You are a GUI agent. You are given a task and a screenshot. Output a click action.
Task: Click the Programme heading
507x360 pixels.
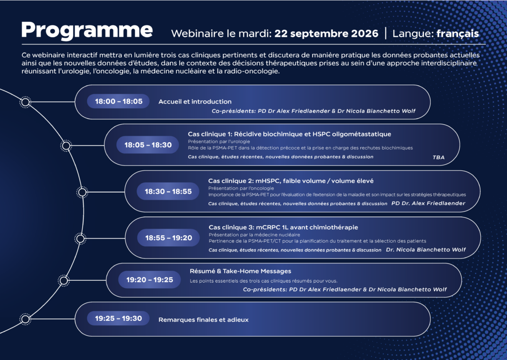coord(87,31)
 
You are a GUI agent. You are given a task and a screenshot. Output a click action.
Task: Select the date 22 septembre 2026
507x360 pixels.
coord(326,34)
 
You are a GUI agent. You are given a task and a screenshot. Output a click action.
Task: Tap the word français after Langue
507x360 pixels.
coord(457,34)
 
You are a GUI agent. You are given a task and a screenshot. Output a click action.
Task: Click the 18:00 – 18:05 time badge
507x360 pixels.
coord(118,101)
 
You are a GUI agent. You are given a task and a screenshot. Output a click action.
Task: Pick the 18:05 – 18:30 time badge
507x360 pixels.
coord(148,145)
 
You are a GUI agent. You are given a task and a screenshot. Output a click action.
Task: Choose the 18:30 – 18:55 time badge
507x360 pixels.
coord(168,192)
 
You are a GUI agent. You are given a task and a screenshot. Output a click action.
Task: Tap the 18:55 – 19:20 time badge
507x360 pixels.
coord(168,238)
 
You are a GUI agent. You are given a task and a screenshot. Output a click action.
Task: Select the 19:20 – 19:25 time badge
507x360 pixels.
coord(150,280)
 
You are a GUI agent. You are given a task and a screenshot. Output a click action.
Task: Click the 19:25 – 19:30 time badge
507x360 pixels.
coord(118,318)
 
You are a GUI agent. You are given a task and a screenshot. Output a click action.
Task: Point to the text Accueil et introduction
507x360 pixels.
coord(195,102)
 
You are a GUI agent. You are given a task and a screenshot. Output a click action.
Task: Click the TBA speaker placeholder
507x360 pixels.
coord(439,157)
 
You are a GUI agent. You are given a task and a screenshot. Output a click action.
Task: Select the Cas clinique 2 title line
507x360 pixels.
coord(291,181)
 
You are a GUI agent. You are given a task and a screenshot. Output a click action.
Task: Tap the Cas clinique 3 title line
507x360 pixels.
coord(283,227)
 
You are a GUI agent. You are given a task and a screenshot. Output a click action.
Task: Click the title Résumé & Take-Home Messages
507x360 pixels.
coord(240,271)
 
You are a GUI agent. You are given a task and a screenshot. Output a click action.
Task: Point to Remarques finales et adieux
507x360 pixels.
coord(203,319)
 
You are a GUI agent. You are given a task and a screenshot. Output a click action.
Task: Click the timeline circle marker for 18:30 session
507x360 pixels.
coord(82,192)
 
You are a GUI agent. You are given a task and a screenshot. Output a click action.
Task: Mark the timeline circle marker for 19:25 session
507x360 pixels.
coord(25,319)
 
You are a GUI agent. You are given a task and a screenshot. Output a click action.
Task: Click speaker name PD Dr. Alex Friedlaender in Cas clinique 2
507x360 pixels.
coord(428,204)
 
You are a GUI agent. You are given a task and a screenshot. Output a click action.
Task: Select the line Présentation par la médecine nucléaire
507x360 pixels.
coord(254,235)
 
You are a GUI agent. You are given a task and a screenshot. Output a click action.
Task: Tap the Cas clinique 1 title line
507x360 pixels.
coord(289,134)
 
